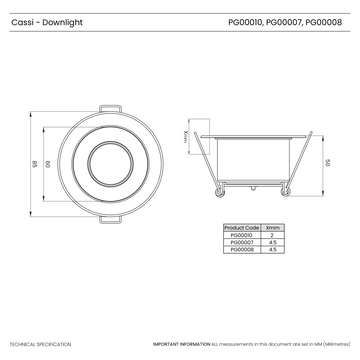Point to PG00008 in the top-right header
pyautogui.click(x=326, y=19)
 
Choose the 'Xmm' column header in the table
pyautogui.click(x=272, y=228)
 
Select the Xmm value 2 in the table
pyautogui.click(x=272, y=235)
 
